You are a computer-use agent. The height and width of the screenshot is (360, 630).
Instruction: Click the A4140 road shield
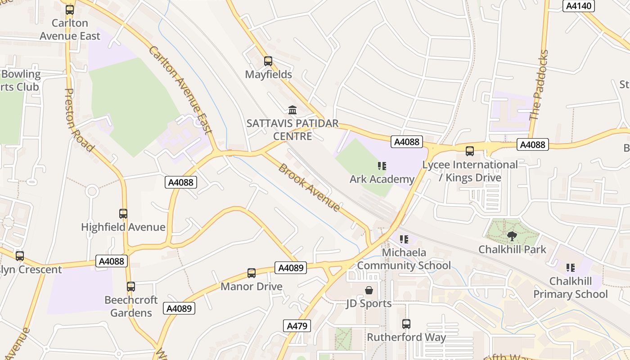coord(579,6)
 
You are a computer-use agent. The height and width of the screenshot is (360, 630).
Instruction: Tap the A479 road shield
coord(297,326)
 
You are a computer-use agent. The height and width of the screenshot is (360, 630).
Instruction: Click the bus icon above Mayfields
coord(268,61)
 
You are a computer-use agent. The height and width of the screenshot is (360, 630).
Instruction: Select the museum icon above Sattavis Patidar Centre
coord(292,110)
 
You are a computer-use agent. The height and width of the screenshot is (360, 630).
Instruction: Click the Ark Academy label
coord(382,179)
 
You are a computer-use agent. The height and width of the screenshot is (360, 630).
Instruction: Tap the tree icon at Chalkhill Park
coord(512,236)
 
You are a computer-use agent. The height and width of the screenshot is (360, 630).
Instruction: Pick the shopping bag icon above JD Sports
coord(369,290)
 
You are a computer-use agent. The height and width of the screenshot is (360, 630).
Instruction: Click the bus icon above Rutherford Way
coord(406,324)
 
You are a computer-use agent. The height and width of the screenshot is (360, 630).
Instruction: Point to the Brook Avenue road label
coord(309,187)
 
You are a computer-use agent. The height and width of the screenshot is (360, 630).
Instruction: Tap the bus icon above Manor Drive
coord(252,273)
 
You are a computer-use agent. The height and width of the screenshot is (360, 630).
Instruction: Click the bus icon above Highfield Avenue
coord(123,214)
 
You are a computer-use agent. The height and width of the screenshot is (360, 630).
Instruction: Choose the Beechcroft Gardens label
coord(131,306)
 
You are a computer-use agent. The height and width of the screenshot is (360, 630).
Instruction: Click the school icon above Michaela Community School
coord(404,239)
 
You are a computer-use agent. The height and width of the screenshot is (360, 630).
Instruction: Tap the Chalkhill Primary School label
coord(570,288)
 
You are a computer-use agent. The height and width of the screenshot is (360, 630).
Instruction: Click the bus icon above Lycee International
coord(470,151)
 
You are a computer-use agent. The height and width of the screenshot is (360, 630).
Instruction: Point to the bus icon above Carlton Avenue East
coord(70,10)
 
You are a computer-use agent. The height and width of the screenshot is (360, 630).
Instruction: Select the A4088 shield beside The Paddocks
coord(533,144)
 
